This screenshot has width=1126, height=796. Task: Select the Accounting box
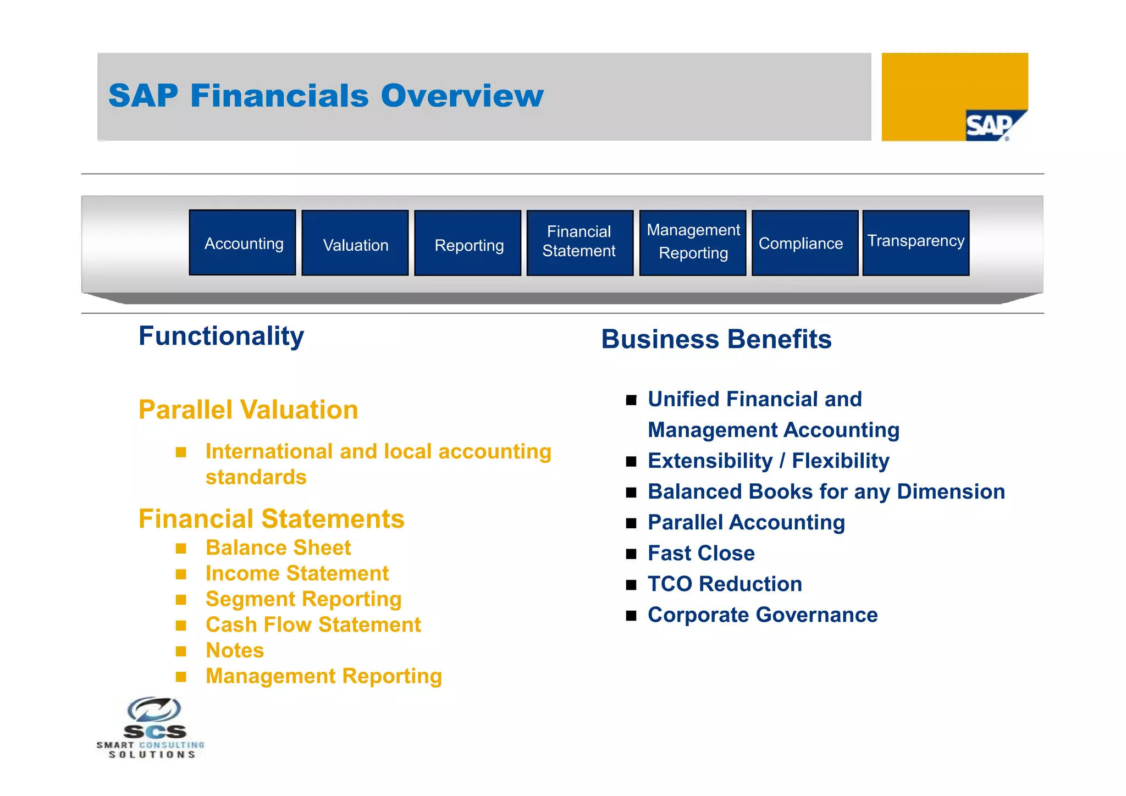pyautogui.click(x=242, y=243)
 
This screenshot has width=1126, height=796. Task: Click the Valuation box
pyautogui.click(x=355, y=244)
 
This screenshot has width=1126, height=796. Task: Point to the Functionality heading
pyautogui.click(x=221, y=336)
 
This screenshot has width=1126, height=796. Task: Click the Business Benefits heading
pyautogui.click(x=716, y=339)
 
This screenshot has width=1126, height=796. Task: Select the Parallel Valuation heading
pyautogui.click(x=248, y=410)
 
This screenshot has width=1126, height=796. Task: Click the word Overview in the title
pyautogui.click(x=462, y=96)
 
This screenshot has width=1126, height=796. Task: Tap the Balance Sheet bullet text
pyautogui.click(x=278, y=548)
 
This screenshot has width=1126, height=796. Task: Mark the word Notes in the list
pyautogui.click(x=235, y=651)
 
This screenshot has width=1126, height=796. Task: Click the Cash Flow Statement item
pyautogui.click(x=313, y=625)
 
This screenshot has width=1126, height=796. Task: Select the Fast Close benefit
pyautogui.click(x=701, y=554)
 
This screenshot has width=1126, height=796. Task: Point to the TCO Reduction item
pyautogui.click(x=725, y=584)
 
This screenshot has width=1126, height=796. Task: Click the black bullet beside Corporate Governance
pyautogui.click(x=631, y=616)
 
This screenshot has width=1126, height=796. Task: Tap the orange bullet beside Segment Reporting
pyautogui.click(x=181, y=600)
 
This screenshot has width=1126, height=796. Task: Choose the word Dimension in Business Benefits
pyautogui.click(x=951, y=492)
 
